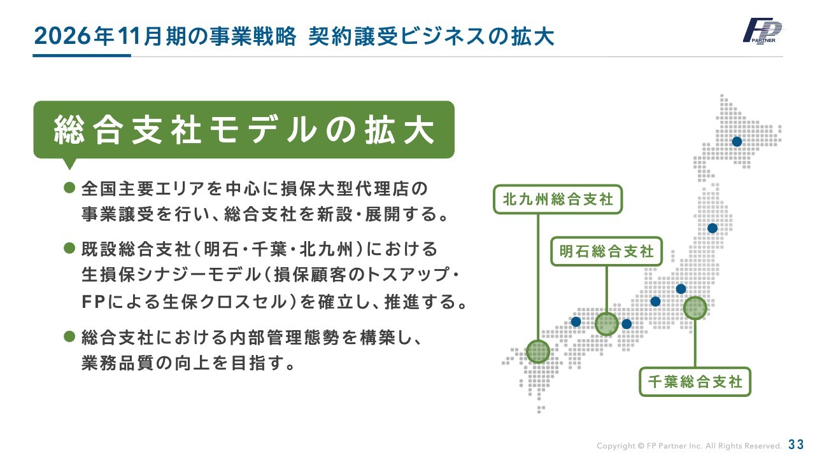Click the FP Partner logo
tap(762, 31)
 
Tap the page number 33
tap(796, 444)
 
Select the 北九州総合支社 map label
tap(558, 199)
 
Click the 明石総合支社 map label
tap(606, 251)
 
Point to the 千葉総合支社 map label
tap(695, 382)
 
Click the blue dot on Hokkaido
tap(737, 141)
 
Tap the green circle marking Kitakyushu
tap(538, 352)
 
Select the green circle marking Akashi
tap(607, 324)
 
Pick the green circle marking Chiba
tap(695, 309)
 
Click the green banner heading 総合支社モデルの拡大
tap(244, 130)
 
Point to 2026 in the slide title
tap(62, 36)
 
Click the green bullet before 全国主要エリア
tap(69, 188)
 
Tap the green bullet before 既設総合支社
tap(69, 249)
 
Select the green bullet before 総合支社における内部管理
tap(69, 337)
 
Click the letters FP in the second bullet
tap(94, 302)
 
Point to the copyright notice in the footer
tap(689, 446)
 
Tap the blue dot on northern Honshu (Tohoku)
tap(712, 228)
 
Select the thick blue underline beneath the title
tap(82, 55)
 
